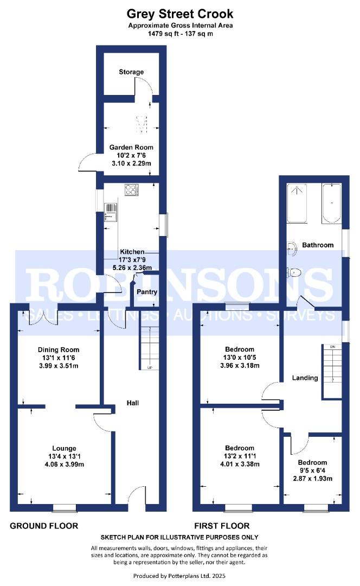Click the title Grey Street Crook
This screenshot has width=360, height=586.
tap(180, 13)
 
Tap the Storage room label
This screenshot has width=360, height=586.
tap(131, 72)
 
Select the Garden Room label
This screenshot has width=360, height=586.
tap(131, 147)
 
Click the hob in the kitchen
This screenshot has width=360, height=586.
tap(132, 190)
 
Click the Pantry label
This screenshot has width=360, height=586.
tap(147, 292)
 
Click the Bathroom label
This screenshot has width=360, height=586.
tap(318, 245)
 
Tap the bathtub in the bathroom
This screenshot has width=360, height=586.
tap(331, 203)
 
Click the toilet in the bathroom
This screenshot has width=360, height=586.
tap(295, 273)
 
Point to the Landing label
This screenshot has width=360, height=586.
tap(305, 378)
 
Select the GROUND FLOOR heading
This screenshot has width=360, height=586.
tap(44, 526)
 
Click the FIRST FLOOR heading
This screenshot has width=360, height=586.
tap(222, 526)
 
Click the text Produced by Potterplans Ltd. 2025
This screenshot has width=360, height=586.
tap(179, 575)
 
